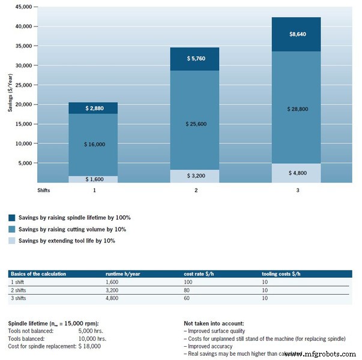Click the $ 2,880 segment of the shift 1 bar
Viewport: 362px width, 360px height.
92,108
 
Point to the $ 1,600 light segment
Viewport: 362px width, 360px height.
92,179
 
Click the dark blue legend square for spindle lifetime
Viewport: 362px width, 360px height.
12,218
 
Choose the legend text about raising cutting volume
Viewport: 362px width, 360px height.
71,229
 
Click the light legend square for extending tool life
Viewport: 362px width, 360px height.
12,241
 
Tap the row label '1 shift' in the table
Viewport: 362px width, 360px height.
18,281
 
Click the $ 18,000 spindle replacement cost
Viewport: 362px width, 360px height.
89,346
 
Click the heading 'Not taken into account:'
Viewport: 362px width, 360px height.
214,323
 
